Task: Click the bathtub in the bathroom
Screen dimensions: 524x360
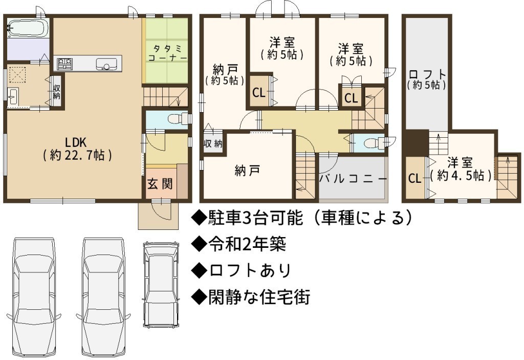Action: click(x=28, y=29)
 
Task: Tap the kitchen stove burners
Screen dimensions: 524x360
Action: click(x=65, y=64)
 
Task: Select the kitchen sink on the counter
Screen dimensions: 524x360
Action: click(x=106, y=64)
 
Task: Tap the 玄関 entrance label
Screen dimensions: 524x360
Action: click(x=160, y=184)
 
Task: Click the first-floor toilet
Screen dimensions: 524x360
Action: click(x=177, y=119)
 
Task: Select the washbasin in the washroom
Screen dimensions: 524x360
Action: click(x=13, y=97)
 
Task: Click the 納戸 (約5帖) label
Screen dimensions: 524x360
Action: click(x=225, y=75)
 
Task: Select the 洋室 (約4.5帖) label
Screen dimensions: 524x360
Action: click(x=461, y=170)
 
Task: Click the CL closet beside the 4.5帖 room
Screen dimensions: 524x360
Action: click(x=414, y=178)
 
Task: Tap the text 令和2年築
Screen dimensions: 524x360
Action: click(x=238, y=244)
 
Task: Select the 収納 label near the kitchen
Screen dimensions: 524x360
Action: click(x=56, y=92)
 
